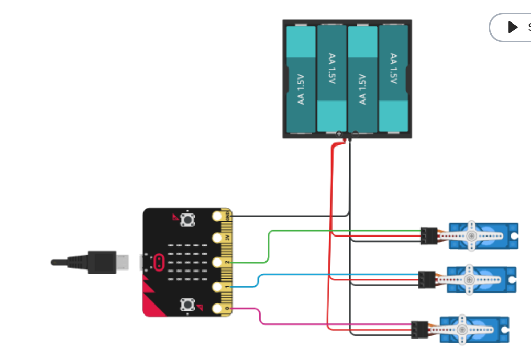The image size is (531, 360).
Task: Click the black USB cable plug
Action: click(x=102, y=262)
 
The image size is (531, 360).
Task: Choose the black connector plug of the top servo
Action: click(x=429, y=235)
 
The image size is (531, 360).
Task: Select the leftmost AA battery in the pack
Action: click(x=301, y=78)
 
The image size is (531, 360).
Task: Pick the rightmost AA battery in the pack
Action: click(x=393, y=78)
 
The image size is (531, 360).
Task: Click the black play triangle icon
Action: click(x=513, y=27)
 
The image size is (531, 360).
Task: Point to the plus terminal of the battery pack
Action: click(x=339, y=134)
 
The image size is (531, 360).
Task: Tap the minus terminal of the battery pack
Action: click(x=355, y=134)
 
